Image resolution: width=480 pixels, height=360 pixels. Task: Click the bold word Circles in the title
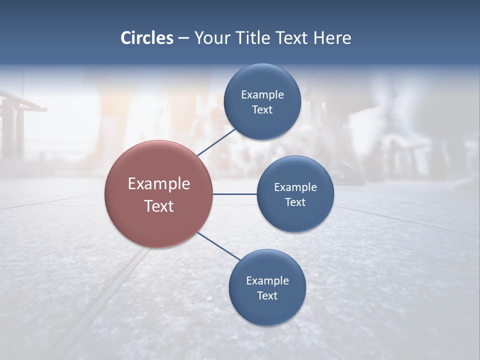(146, 38)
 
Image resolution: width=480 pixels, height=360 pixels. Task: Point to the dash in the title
(183, 38)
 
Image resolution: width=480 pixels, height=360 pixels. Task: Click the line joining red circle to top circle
(217, 142)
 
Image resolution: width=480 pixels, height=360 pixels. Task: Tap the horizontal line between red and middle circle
(234, 194)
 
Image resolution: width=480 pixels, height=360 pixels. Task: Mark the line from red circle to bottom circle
(219, 246)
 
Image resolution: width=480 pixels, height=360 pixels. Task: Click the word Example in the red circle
(158, 183)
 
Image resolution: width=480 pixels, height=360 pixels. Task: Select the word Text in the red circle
(158, 206)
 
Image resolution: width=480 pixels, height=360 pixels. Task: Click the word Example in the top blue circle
(262, 95)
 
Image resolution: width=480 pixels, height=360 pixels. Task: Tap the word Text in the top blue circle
(262, 109)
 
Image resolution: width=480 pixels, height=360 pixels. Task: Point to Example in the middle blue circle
(295, 187)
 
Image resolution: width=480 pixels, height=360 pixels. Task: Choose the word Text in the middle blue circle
(295, 202)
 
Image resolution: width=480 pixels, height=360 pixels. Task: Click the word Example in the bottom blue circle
(267, 281)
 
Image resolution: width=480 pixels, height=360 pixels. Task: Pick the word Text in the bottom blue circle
(267, 295)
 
